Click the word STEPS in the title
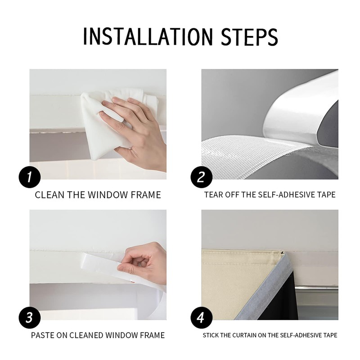[249, 36]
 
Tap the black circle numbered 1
[30, 177]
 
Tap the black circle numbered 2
[201, 177]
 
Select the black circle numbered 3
[30, 318]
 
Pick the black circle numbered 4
[201, 318]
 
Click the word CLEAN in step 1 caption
[49, 195]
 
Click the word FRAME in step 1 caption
[146, 195]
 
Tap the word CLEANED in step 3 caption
[86, 335]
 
